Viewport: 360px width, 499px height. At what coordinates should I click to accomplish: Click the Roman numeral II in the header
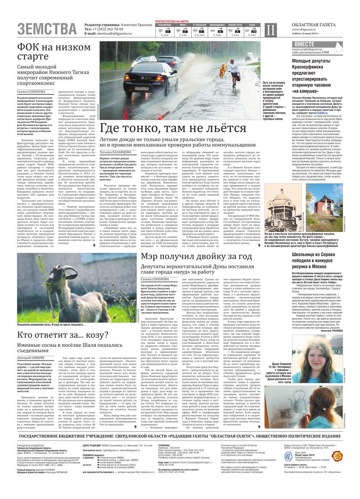[270, 30]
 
